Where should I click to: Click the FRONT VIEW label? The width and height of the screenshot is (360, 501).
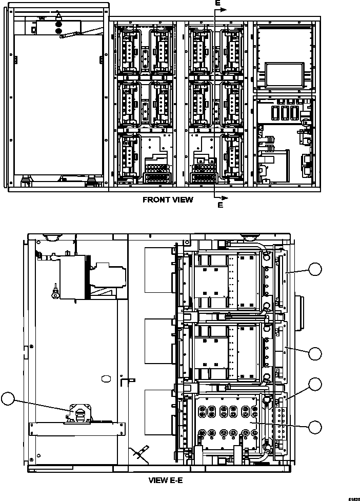click(168, 200)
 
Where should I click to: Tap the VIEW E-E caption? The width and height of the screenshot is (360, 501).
click(165, 481)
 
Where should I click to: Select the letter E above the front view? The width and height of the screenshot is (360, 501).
click(217, 3)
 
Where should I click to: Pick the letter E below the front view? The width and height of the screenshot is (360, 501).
click(220, 205)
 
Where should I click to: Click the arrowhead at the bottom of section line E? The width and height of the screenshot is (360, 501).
click(225, 197)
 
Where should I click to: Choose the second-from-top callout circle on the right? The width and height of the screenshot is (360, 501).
click(317, 353)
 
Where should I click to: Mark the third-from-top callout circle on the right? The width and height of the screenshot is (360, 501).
click(317, 384)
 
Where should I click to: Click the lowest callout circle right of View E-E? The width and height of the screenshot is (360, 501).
click(317, 426)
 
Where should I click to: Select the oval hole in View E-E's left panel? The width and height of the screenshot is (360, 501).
click(107, 378)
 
